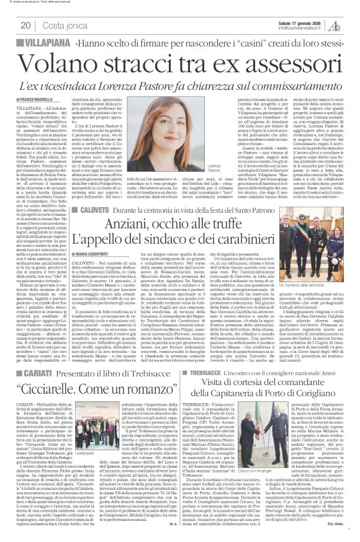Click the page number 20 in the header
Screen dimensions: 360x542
click(x=26, y=25)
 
